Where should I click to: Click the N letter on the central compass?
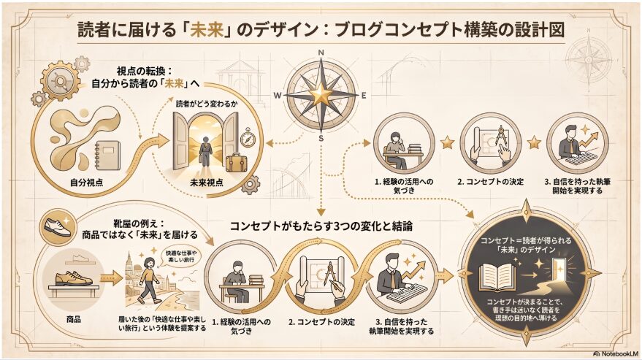(x=321, y=53)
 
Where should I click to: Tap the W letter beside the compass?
(x=278, y=96)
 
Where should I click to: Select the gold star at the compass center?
(x=321, y=95)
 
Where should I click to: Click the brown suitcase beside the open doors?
(x=235, y=162)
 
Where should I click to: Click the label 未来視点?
(x=207, y=183)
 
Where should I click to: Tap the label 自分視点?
(x=86, y=183)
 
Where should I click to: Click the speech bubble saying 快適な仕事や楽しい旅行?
(x=181, y=257)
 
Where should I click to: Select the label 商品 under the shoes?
(x=74, y=319)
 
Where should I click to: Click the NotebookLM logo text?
(x=616, y=353)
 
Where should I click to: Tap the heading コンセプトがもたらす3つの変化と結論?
(x=321, y=226)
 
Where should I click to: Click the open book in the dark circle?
(x=497, y=277)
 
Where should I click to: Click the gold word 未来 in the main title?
(x=207, y=31)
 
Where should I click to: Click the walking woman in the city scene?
(x=148, y=280)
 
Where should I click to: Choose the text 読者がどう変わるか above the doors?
(x=207, y=104)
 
